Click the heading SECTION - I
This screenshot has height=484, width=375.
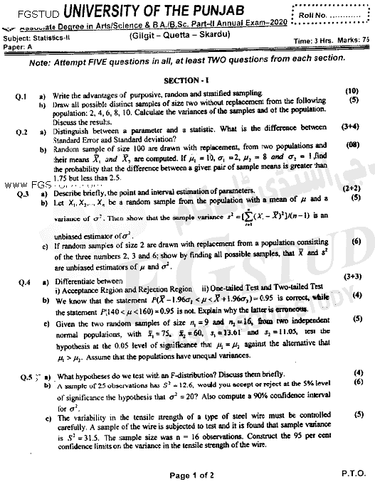pos(186,82)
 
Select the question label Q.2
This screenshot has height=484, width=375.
pos(21,132)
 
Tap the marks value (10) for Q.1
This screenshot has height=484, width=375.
pos(352,92)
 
